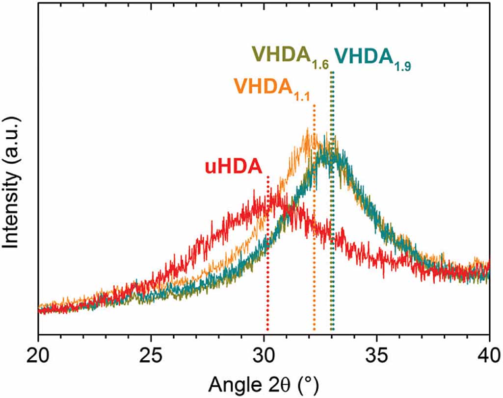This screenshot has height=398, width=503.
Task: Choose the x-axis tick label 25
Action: pyautogui.click(x=151, y=353)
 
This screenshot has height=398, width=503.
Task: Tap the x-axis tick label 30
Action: pyautogui.click(x=264, y=353)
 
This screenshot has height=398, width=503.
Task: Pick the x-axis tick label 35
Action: pyautogui.click(x=377, y=353)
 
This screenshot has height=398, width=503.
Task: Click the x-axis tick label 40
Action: pyautogui.click(x=489, y=353)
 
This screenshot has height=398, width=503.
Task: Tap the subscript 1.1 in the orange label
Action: pyautogui.click(x=301, y=97)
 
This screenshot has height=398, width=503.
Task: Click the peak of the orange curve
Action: pyautogui.click(x=308, y=130)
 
